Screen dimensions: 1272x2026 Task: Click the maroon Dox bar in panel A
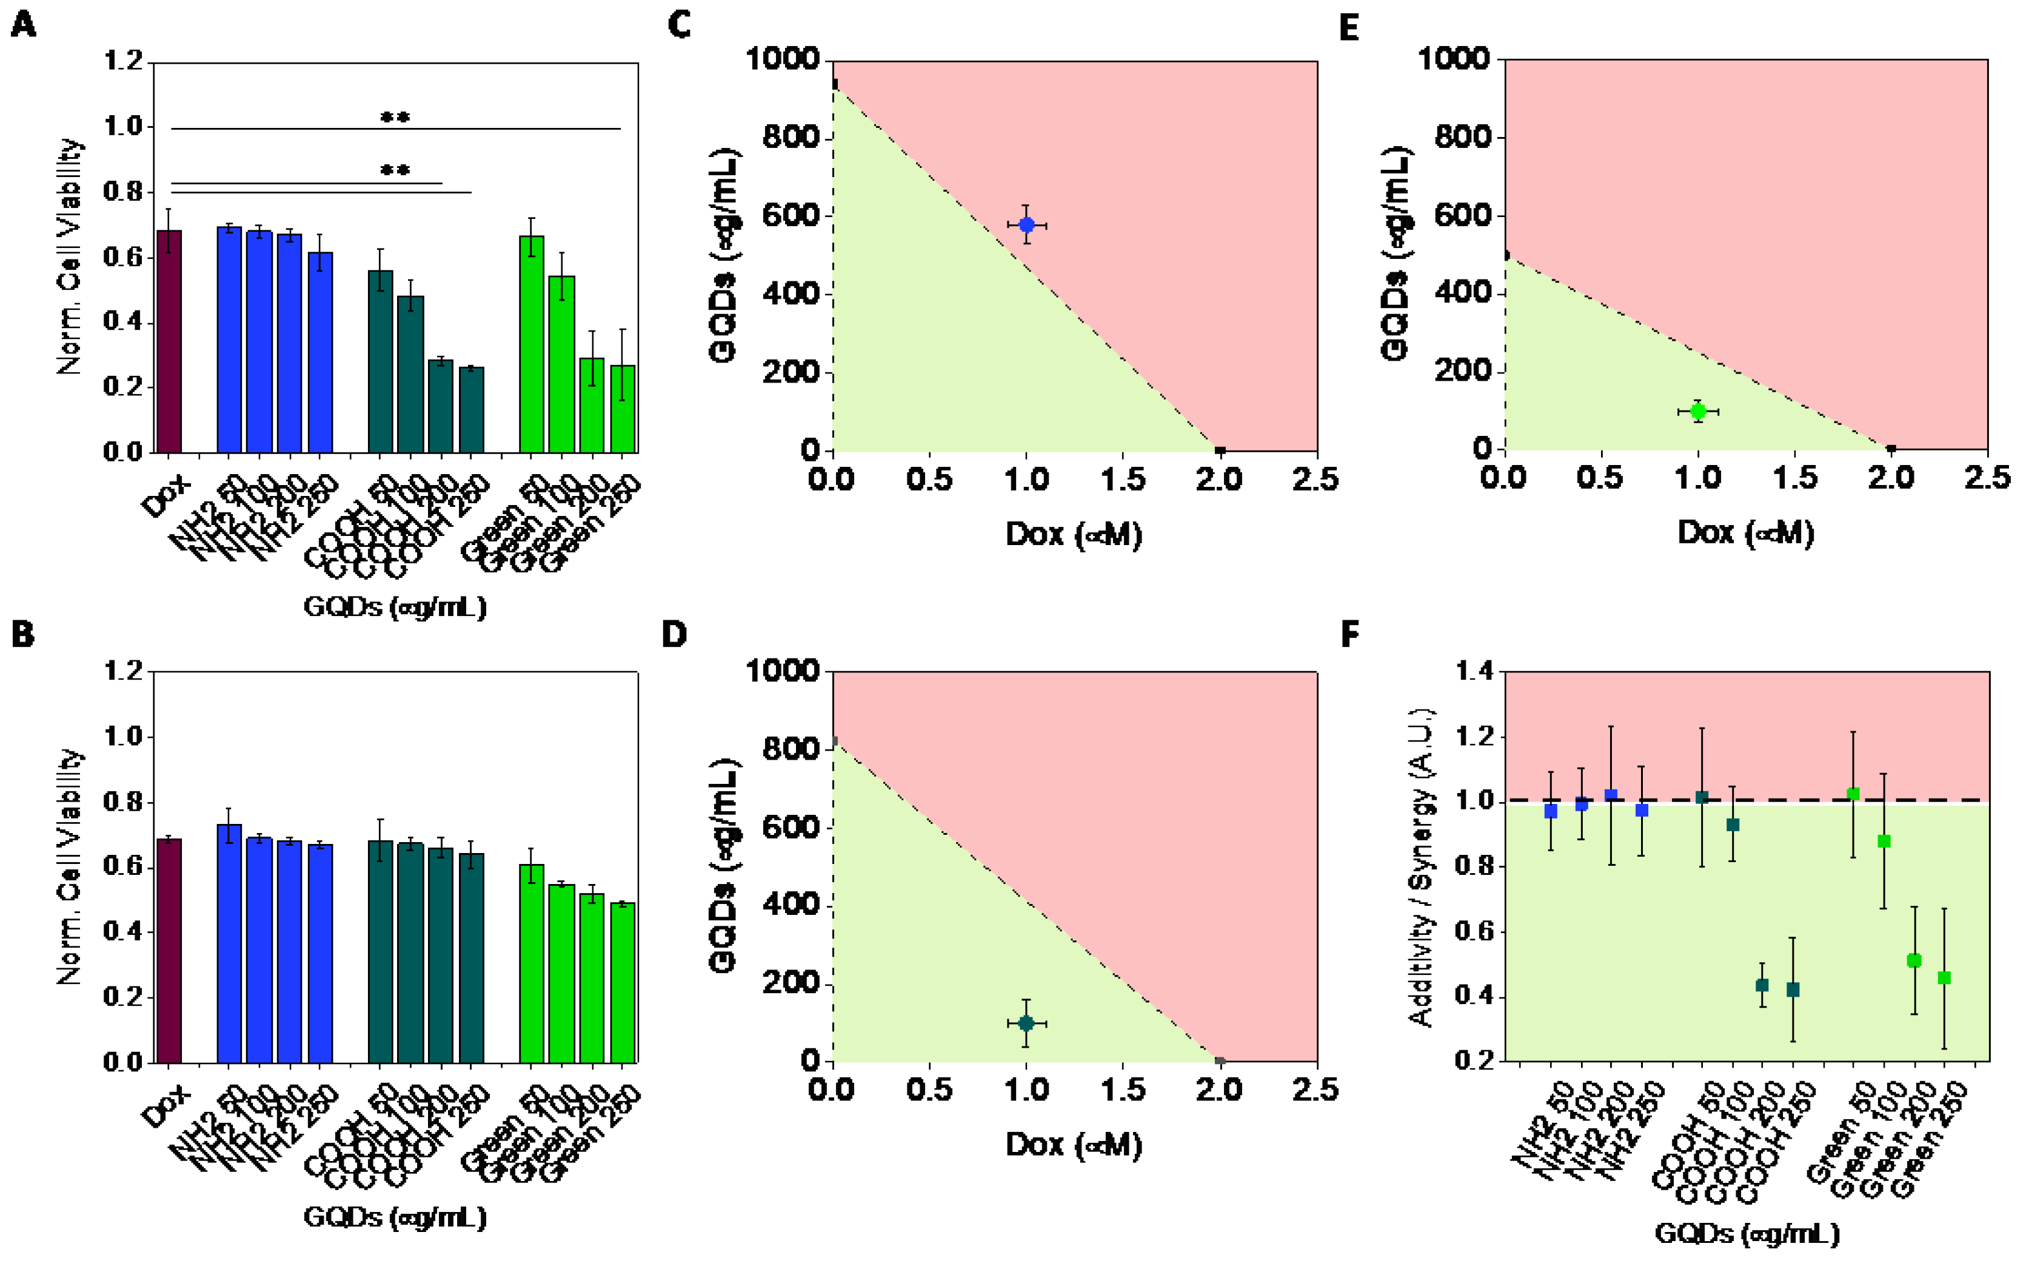169,341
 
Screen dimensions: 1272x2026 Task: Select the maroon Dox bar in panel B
169,950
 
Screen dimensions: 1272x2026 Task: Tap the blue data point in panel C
1026,224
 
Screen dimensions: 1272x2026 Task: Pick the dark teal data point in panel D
1025,1023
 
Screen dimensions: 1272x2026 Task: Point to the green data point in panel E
1697,412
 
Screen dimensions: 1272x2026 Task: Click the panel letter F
1349,634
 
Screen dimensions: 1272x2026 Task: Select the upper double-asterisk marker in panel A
395,118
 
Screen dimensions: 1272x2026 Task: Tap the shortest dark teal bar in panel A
471,410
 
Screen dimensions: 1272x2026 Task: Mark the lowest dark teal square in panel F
1792,989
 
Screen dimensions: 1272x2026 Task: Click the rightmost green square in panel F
1944,977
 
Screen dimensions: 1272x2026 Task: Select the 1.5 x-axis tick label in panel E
1794,478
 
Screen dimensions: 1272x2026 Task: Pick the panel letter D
675,634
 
